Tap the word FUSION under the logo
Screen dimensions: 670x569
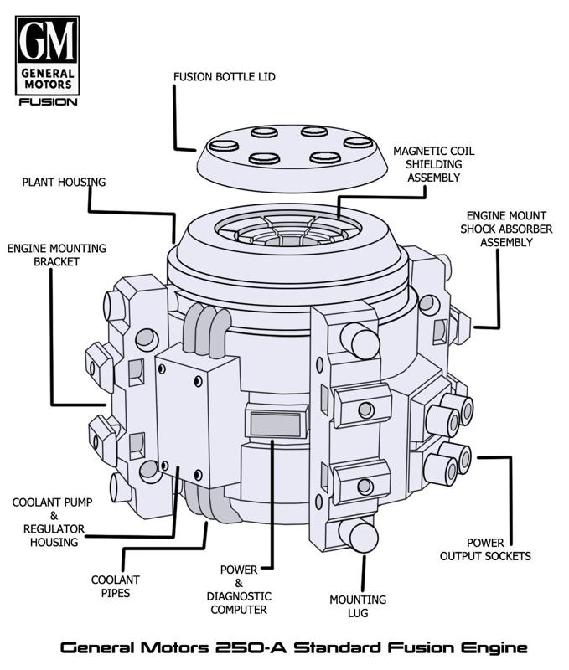[49, 102]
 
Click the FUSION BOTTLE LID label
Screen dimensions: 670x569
[225, 77]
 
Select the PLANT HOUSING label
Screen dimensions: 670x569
[65, 182]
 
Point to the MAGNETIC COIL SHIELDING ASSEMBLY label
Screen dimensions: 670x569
[433, 164]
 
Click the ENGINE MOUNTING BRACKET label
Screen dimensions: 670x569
[57, 255]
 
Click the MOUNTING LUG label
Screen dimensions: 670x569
[358, 606]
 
